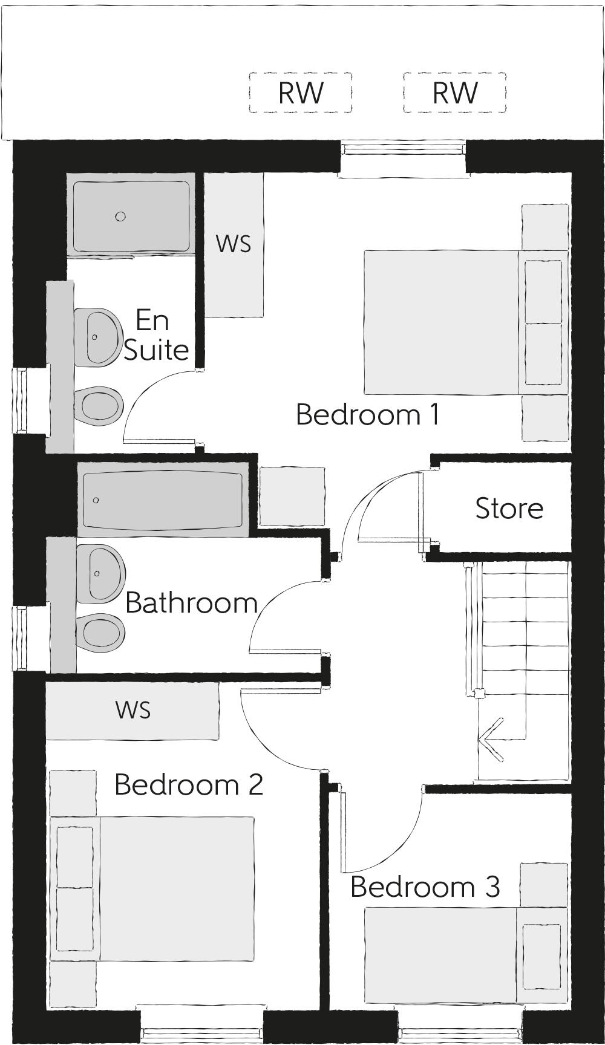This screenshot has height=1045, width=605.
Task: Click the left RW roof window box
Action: (x=301, y=93)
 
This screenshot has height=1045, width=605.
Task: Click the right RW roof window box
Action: (x=455, y=93)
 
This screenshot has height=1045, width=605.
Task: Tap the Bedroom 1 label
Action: (x=367, y=415)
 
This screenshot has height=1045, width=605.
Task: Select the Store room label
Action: (x=509, y=509)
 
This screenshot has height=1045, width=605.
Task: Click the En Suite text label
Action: (x=155, y=336)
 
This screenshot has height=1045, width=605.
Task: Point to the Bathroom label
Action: (x=191, y=604)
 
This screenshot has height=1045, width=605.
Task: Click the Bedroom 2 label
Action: (x=188, y=785)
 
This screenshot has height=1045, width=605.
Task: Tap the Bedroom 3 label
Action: (x=425, y=887)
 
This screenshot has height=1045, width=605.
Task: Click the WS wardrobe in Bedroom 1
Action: (x=234, y=244)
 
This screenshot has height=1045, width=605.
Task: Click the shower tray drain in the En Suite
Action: (x=120, y=216)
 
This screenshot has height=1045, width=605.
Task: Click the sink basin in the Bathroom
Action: (x=100, y=573)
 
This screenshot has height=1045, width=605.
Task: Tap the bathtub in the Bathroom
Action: (x=163, y=500)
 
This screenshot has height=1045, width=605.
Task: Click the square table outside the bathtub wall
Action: (x=292, y=496)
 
